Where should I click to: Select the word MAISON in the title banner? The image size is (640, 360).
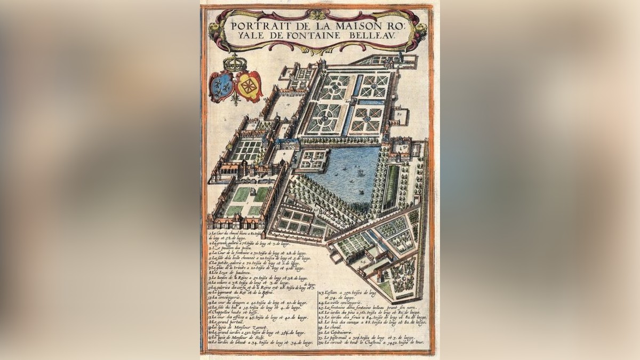coord(352,25)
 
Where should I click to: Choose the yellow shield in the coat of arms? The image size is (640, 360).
coord(249,86)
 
